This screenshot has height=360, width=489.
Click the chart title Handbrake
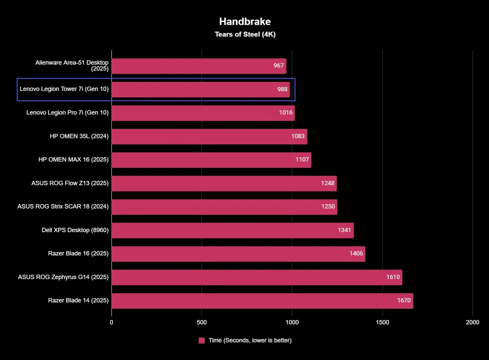[x=245, y=22]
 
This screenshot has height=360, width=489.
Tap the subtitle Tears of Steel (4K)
[x=245, y=35]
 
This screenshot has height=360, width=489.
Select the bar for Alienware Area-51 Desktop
[x=198, y=66]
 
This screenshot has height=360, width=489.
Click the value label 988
[x=282, y=89]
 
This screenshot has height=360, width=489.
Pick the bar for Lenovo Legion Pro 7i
[x=203, y=113]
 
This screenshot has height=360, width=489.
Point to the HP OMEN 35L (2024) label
[x=79, y=136]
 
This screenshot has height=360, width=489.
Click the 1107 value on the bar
[x=302, y=160]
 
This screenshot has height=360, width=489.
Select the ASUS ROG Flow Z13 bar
[x=224, y=183]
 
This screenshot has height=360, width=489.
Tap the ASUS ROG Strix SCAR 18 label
[x=63, y=206]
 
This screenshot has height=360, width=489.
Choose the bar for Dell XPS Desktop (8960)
[x=232, y=230]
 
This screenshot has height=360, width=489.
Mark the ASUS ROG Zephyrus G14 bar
[x=257, y=277]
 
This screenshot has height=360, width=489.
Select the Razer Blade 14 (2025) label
[x=78, y=301]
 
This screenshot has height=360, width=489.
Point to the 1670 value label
[x=404, y=301]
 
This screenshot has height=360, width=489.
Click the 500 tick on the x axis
[x=202, y=323]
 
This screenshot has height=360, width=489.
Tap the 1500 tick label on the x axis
[x=382, y=323]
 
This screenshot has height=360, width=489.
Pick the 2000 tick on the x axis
[x=473, y=323]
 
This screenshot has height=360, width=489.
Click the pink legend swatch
[x=202, y=340]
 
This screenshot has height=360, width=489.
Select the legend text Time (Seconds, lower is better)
[x=250, y=340]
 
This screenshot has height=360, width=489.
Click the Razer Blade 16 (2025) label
[x=78, y=253]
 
